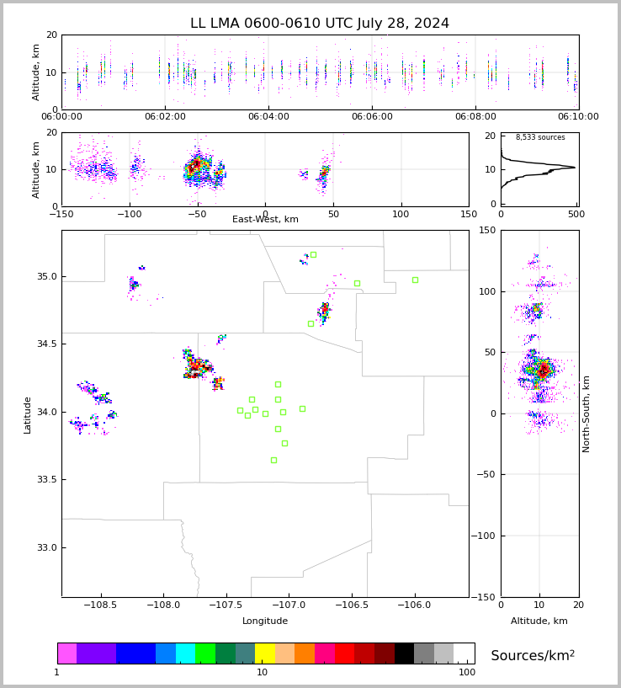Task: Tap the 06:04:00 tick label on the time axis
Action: pyautogui.click(x=268, y=117)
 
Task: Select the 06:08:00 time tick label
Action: pyautogui.click(x=475, y=117)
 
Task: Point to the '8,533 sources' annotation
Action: pyautogui.click(x=540, y=137)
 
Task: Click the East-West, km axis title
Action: pyautogui.click(x=265, y=219)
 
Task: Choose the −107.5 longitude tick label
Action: pyautogui.click(x=226, y=605)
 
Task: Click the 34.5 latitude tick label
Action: pyautogui.click(x=46, y=344)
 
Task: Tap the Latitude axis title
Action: pyautogui.click(x=27, y=415)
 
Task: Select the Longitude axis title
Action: pyautogui.click(x=265, y=621)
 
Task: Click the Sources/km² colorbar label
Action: pyautogui.click(x=533, y=655)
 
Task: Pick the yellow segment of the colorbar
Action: pyautogui.click(x=265, y=653)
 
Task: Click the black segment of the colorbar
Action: pyautogui.click(x=404, y=653)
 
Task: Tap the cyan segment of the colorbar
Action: pyautogui.click(x=185, y=653)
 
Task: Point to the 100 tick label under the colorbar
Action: pyautogui.click(x=467, y=672)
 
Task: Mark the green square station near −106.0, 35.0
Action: pyautogui.click(x=416, y=280)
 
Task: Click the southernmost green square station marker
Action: pyautogui.click(x=273, y=461)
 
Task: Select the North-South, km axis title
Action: pyautogui.click(x=586, y=413)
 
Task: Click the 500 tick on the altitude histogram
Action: pyautogui.click(x=576, y=214)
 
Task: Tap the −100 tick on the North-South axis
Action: pyautogui.click(x=483, y=536)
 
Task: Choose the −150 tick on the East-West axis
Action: pyautogui.click(x=61, y=214)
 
